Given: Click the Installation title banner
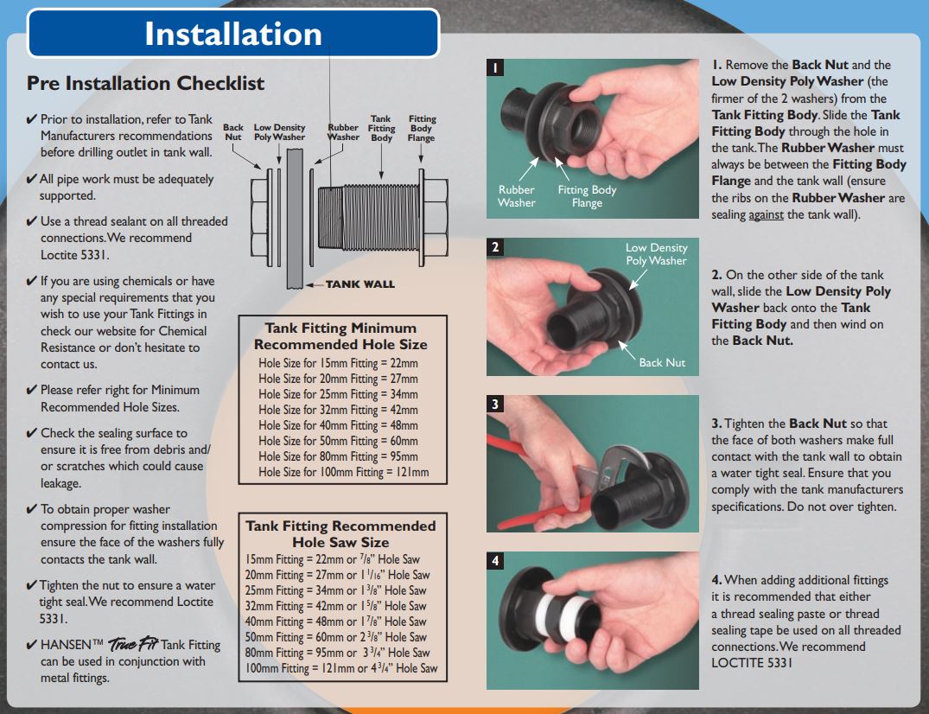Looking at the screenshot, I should coord(233,34).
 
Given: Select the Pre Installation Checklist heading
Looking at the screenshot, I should coord(145,83).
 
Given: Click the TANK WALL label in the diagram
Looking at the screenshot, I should coord(360,284).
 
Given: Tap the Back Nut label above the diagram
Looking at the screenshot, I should coord(233,132).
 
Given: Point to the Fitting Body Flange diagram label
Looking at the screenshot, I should coord(422,128).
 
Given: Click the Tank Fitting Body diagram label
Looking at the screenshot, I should coord(381,128).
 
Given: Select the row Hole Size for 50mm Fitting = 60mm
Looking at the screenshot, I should coord(338,441).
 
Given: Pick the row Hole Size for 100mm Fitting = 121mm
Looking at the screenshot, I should coord(343,472).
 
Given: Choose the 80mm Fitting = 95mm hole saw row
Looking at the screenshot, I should coord(337,653).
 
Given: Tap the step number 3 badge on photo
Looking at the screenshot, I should coord(495,404).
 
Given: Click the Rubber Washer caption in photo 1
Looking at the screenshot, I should coord(516,196).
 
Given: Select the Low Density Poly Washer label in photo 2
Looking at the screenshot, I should coord(656,254).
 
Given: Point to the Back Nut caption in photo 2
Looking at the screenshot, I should coord(662,362).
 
